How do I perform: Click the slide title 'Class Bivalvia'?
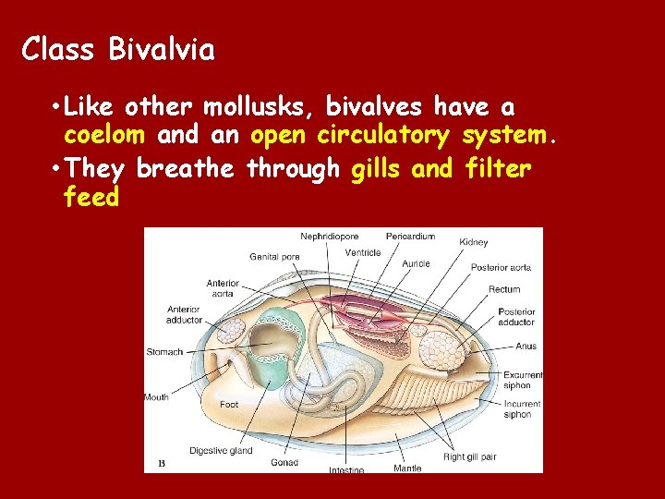click(x=118, y=49)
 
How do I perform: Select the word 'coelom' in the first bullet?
click(x=104, y=136)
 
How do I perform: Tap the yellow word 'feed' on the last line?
click(x=91, y=197)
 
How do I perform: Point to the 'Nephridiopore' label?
click(x=330, y=237)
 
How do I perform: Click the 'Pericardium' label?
click(x=410, y=237)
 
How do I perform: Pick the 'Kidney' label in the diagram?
click(x=474, y=242)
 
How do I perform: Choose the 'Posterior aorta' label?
click(x=501, y=267)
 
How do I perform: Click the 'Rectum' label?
click(x=504, y=289)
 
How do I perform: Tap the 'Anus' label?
click(x=526, y=347)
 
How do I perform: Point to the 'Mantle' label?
click(x=407, y=468)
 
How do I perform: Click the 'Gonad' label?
click(x=284, y=462)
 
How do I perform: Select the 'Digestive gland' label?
click(x=221, y=451)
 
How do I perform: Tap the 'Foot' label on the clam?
click(x=229, y=405)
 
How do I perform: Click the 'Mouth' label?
click(x=156, y=397)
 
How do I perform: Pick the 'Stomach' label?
click(x=164, y=352)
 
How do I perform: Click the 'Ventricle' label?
click(x=363, y=253)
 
